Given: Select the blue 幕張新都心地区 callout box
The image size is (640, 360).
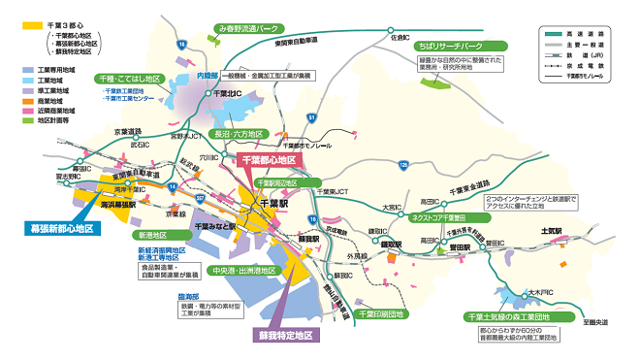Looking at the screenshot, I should coord(62,229).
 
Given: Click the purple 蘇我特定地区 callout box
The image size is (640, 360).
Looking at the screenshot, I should coord(286,336).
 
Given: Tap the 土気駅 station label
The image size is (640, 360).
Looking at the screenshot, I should coord(580,231).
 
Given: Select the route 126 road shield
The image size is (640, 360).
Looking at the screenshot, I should coord(402,166).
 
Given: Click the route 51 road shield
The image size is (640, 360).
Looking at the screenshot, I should coord(311,116).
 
